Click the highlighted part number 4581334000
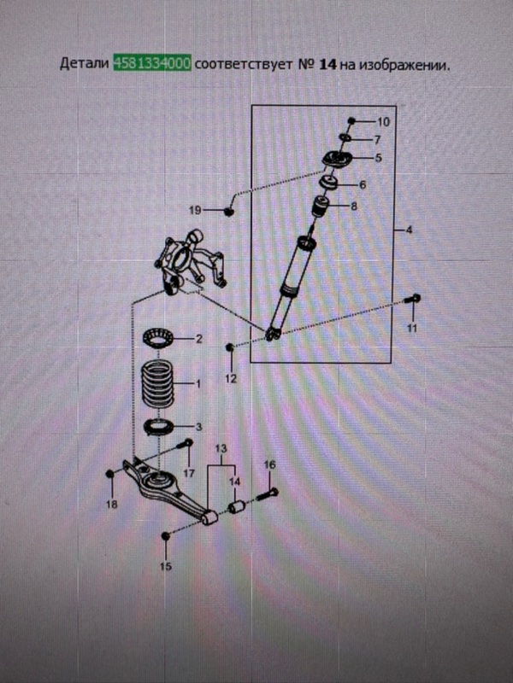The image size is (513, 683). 152,64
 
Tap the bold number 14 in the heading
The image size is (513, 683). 328,65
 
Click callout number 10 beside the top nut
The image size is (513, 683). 383,122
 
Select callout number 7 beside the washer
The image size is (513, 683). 377,140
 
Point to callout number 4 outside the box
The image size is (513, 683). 409,230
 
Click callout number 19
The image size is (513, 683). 195,210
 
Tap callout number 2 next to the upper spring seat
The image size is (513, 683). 199,339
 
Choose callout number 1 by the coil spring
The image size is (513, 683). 198,383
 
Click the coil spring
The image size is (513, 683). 157,383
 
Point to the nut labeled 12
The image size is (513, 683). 230,347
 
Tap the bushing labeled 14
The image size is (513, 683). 237,507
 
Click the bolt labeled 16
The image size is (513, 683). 267,495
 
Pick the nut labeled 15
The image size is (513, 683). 165,535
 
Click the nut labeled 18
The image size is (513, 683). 110,474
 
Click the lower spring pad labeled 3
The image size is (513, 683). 159,427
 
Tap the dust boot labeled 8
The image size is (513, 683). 321,207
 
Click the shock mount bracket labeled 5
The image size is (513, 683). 337,159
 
